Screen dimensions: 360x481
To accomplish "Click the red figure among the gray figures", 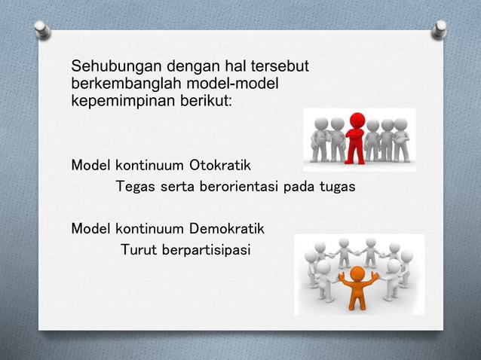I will tap(356, 136).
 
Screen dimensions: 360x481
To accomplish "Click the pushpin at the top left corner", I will tap(43, 29).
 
